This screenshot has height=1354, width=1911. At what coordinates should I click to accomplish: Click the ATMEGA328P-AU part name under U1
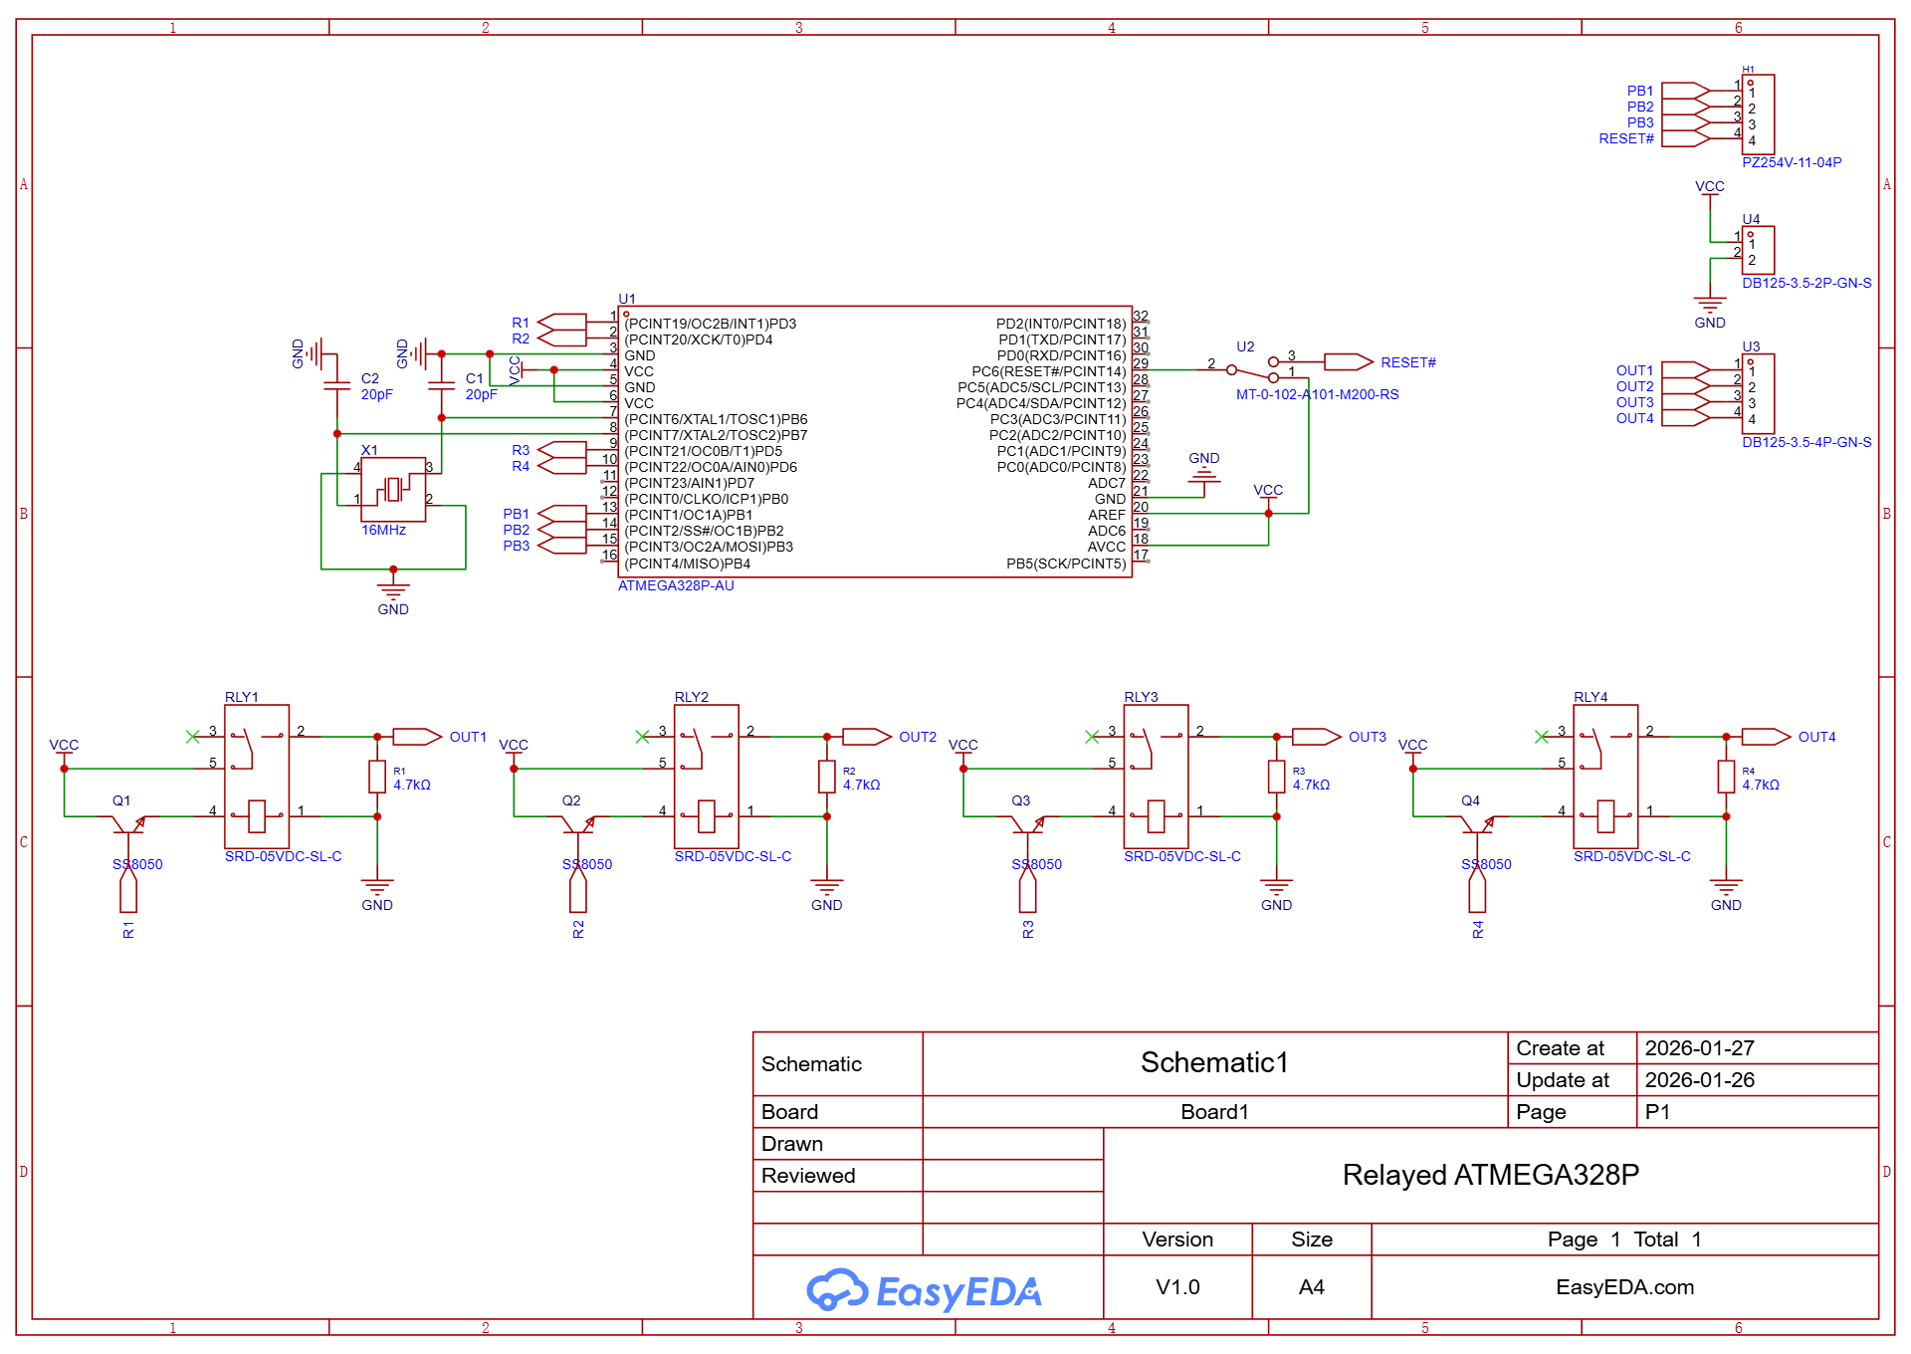(x=676, y=585)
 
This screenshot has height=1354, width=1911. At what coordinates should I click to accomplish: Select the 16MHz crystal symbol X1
(x=393, y=490)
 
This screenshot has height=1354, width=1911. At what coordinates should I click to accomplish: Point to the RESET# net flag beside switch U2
(x=1349, y=362)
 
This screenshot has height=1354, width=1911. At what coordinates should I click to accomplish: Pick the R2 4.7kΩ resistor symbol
(x=827, y=777)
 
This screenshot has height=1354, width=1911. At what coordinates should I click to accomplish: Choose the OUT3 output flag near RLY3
(x=1316, y=737)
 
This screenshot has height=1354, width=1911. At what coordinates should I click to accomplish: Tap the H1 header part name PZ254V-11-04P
(x=1792, y=162)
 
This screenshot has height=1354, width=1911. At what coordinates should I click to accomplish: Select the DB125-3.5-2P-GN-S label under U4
(x=1806, y=283)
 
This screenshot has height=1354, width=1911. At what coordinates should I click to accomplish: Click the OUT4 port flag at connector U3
(x=1686, y=418)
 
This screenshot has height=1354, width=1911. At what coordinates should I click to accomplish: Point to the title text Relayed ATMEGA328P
(x=1490, y=1175)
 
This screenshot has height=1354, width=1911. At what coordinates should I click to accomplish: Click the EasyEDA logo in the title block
(x=924, y=1290)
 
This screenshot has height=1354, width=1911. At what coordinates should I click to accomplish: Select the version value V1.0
(x=1177, y=1287)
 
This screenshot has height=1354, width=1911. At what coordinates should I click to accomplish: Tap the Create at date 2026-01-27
(x=1699, y=1048)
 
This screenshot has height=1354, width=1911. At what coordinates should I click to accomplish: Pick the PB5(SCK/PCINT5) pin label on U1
(x=1066, y=564)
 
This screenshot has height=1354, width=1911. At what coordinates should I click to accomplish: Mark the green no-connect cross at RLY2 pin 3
(x=642, y=737)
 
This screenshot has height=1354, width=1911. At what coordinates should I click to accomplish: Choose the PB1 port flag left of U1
(x=562, y=514)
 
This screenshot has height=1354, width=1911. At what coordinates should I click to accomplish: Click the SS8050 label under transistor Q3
(x=1036, y=864)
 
